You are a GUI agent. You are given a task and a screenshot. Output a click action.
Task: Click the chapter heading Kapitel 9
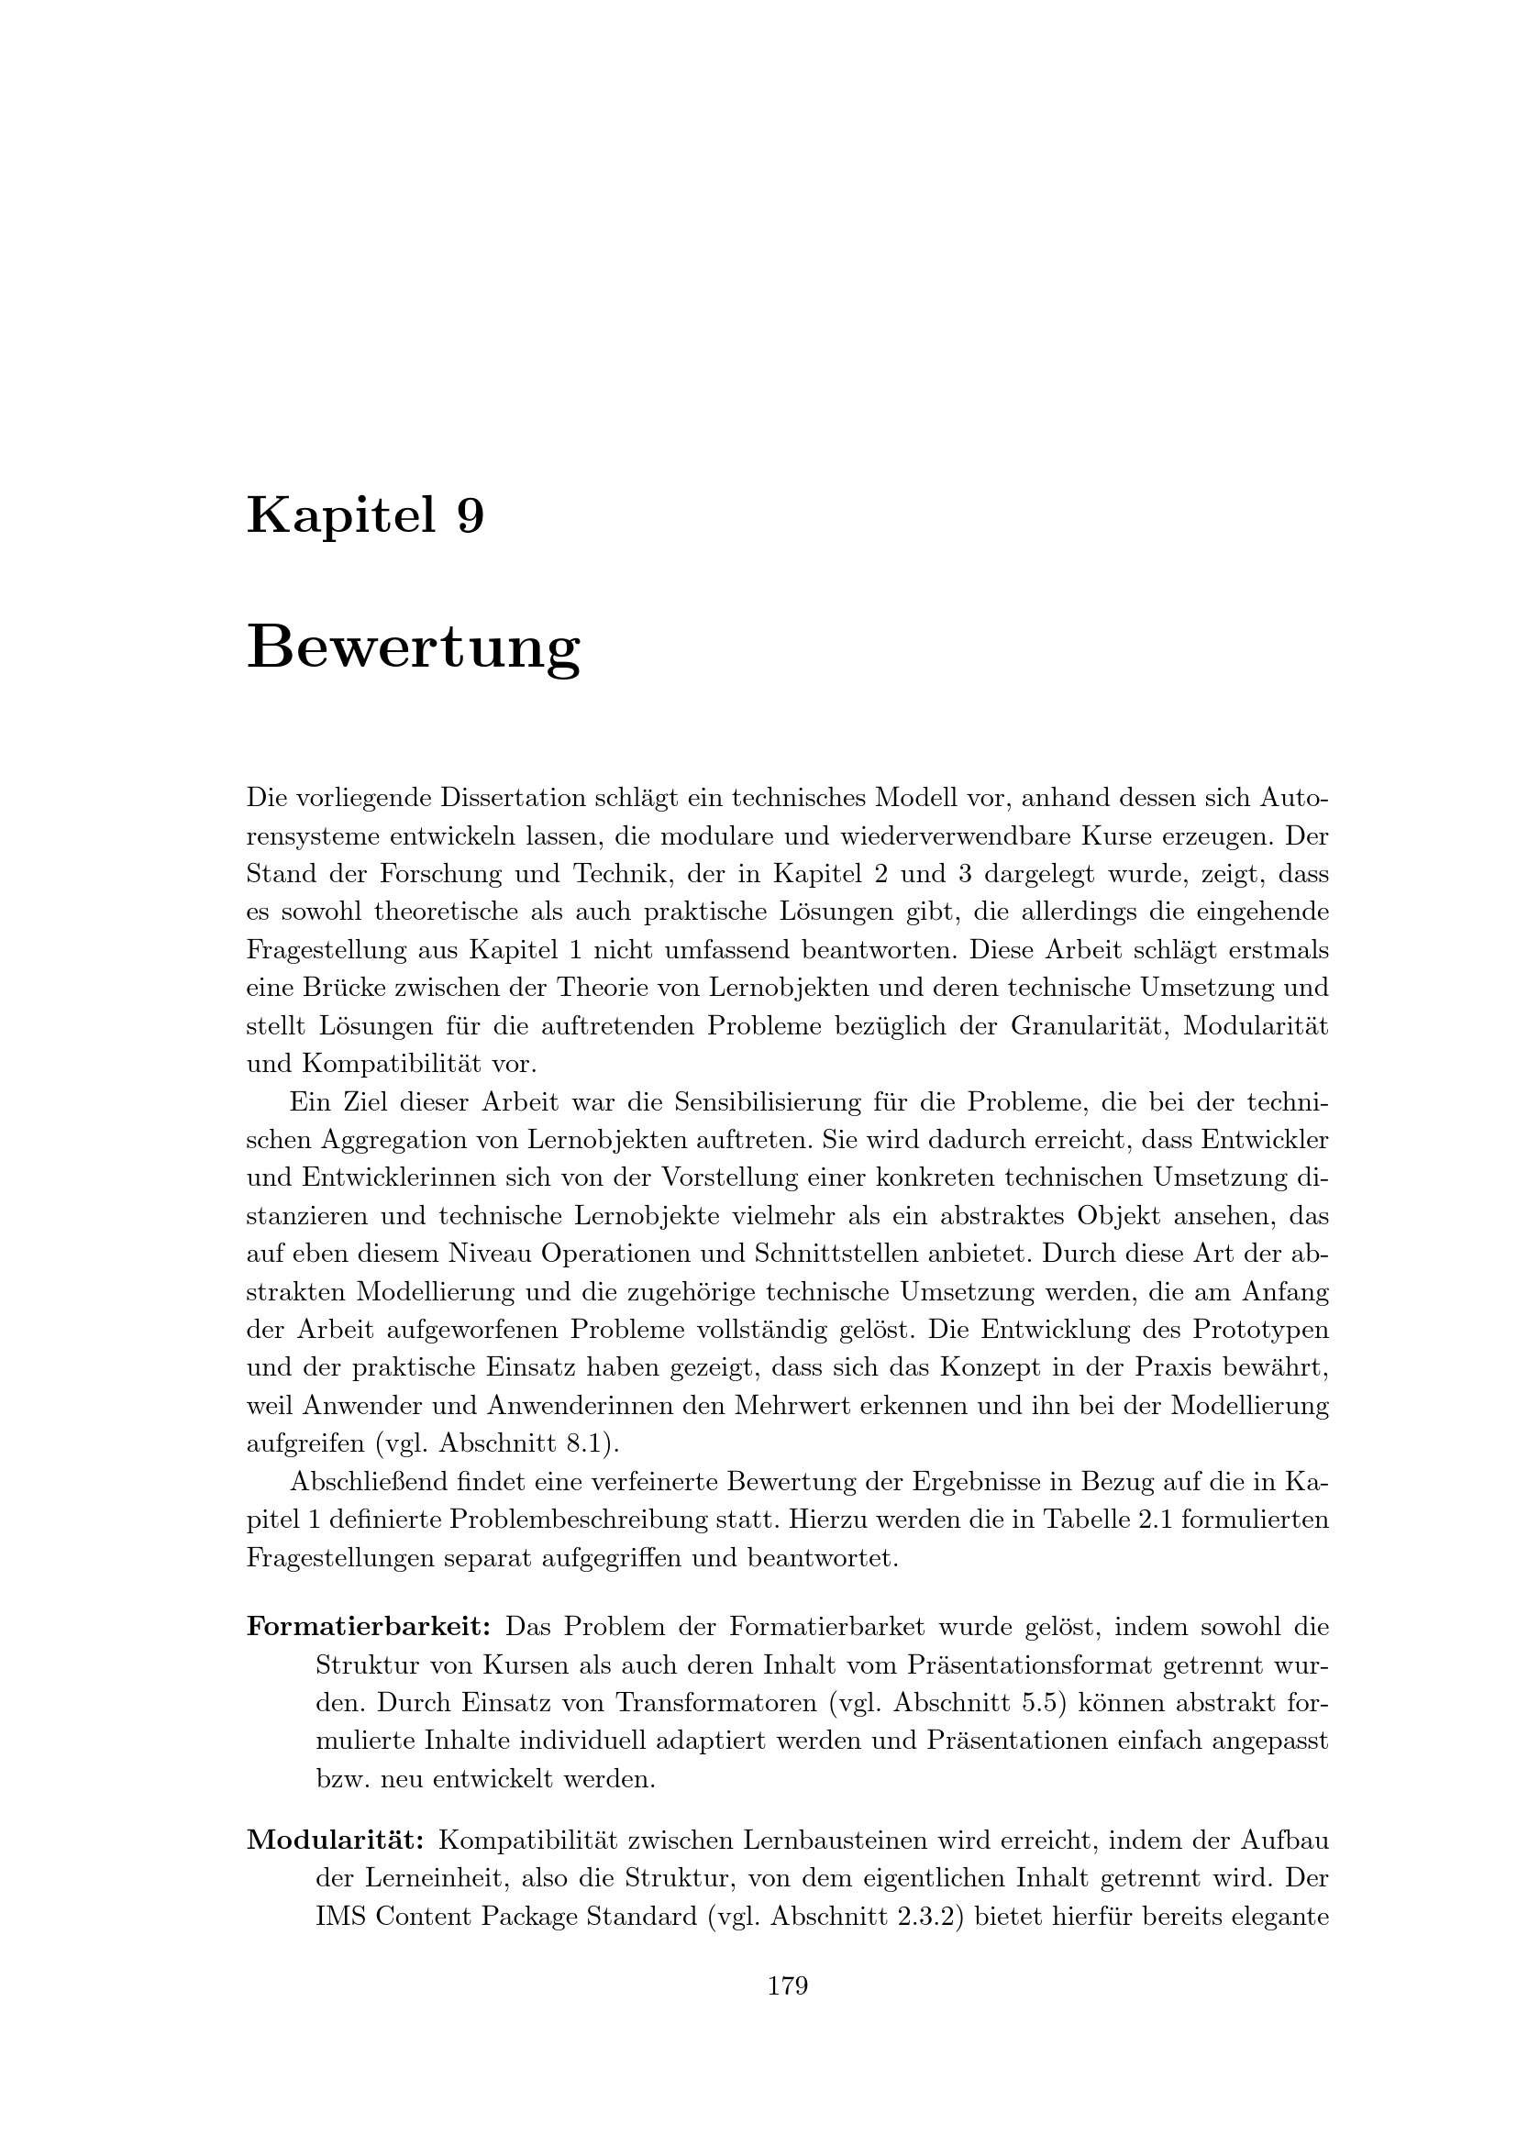tap(365, 515)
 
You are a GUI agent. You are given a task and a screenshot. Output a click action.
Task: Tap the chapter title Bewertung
tap(413, 647)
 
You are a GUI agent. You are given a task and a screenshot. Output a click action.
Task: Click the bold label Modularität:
tap(337, 1841)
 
